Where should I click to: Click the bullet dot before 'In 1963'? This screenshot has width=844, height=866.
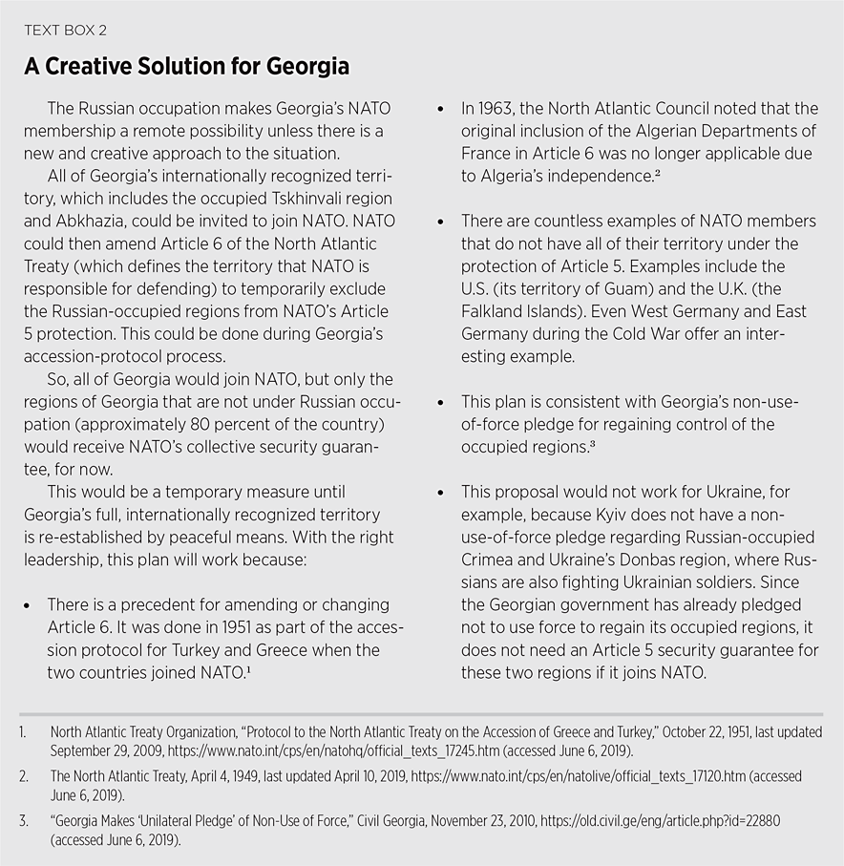click(x=440, y=110)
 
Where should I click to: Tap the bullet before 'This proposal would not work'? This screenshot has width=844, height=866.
click(x=440, y=493)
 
